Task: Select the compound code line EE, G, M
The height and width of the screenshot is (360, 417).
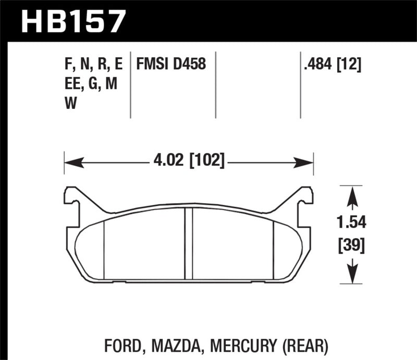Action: pos(91,83)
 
